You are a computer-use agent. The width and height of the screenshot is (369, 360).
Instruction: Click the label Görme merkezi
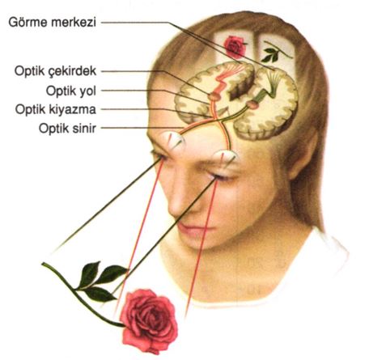(53, 22)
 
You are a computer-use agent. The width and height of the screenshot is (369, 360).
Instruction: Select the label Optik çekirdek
(55, 71)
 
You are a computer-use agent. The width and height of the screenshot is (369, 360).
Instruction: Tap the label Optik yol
(71, 91)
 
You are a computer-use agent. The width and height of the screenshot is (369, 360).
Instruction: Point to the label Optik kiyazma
(56, 109)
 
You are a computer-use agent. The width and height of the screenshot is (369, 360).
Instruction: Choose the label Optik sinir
(67, 128)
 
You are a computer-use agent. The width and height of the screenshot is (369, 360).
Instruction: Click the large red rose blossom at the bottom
(149, 320)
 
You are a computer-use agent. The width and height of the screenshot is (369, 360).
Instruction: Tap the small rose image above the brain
(235, 47)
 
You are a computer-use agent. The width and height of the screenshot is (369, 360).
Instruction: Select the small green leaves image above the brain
(275, 52)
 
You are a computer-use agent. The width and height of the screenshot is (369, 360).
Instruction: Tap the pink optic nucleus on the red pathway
(214, 96)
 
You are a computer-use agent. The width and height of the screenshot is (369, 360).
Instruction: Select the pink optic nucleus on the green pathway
(252, 104)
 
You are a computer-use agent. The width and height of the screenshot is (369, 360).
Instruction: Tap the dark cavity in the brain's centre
(240, 87)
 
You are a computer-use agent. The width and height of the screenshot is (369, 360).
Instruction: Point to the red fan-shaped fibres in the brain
(231, 70)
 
